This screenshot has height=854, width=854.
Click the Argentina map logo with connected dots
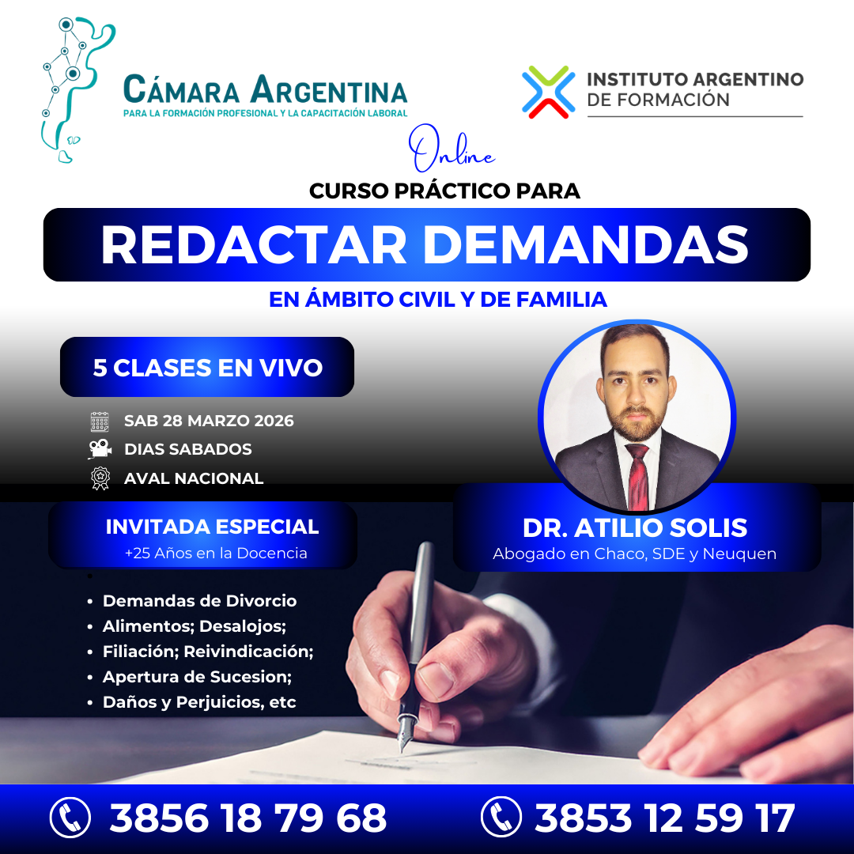tap(70, 87)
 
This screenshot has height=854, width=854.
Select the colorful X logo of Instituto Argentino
tap(547, 92)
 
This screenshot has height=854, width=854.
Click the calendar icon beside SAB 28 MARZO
tap(100, 421)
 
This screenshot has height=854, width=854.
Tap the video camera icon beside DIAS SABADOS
tap(100, 449)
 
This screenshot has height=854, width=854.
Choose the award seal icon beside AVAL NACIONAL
tap(100, 478)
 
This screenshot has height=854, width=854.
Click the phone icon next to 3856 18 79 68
tap(70, 818)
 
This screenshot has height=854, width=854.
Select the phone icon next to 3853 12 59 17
tap(501, 818)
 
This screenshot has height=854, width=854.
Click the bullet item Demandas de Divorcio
tap(199, 601)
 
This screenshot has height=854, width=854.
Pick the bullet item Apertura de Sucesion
tap(198, 677)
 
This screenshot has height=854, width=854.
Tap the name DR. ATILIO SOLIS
tap(635, 527)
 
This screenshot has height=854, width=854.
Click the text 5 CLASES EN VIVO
tap(207, 368)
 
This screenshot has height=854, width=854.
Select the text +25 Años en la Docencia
tap(216, 554)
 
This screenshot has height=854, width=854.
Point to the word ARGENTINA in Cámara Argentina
tap(328, 90)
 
